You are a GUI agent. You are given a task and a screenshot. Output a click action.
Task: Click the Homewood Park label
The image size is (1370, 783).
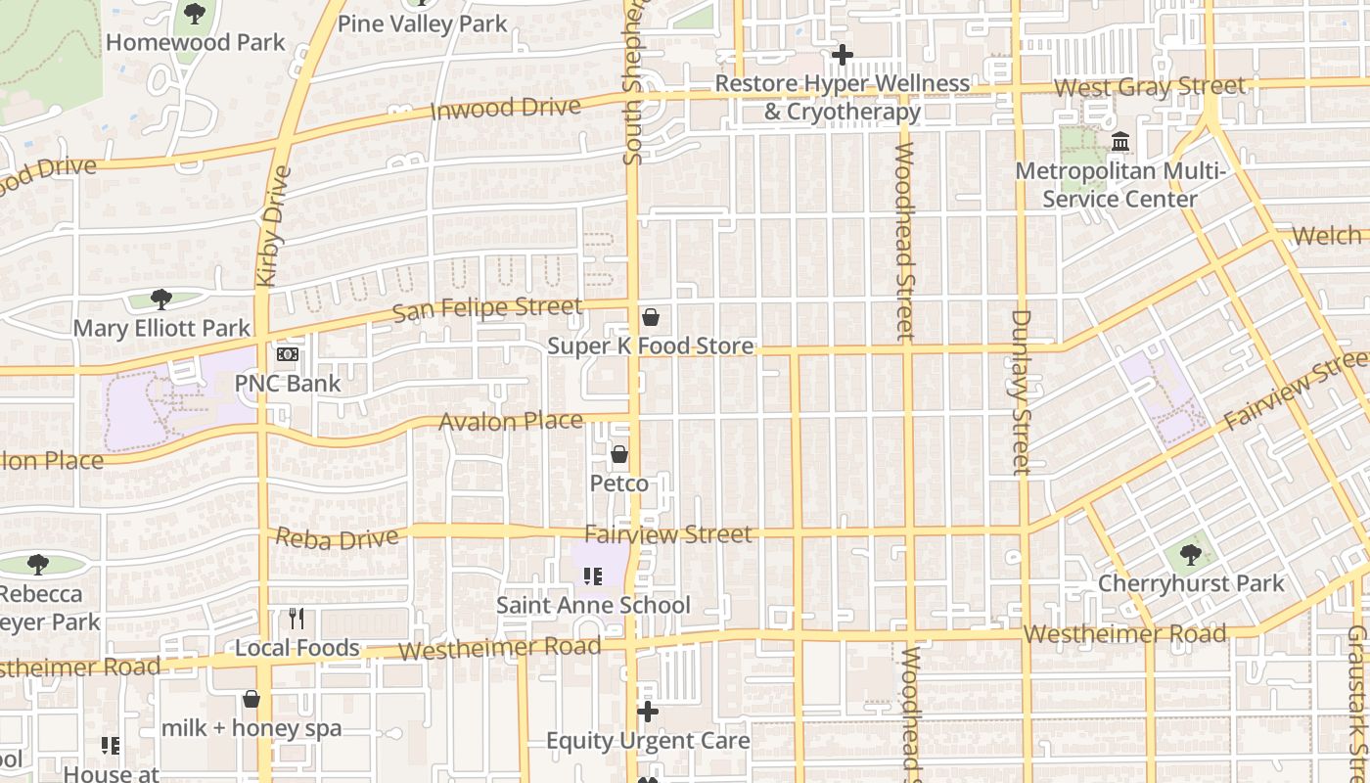coord(195,42)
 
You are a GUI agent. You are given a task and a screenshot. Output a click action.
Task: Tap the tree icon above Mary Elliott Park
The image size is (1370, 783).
coord(161,299)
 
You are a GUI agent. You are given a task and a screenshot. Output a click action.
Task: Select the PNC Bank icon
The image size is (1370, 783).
coord(288,354)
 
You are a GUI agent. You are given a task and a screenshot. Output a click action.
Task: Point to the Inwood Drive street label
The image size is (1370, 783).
coord(506,108)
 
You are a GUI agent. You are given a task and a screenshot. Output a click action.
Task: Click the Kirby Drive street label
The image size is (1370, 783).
coord(274,226)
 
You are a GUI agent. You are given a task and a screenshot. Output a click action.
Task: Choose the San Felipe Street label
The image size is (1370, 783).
coord(487,309)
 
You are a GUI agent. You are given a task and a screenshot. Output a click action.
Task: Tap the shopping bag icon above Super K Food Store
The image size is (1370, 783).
coord(650,317)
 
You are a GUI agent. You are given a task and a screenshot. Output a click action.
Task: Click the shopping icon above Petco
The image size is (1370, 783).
coord(618,454)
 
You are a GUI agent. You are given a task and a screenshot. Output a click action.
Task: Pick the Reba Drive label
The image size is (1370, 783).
coord(338,538)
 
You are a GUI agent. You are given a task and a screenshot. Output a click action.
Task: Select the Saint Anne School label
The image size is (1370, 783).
coord(593,605)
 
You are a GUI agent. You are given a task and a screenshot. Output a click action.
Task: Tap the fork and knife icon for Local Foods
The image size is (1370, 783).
coord(297,619)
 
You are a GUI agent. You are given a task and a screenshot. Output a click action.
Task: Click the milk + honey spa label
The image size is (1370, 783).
coord(251,728)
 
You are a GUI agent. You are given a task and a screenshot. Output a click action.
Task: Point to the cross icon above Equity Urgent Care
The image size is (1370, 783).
coord(647,712)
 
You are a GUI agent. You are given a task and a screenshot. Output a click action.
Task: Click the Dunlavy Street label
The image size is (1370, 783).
coord(1022,391)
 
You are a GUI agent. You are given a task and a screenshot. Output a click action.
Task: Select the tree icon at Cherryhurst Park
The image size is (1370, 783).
coord(1191,555)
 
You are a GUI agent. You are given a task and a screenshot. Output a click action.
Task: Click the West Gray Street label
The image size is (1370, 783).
coord(1150,87)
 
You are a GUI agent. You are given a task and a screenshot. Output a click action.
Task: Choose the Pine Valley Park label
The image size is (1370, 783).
coord(423,23)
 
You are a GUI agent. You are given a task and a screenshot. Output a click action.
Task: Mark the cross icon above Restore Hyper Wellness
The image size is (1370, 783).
coord(842,55)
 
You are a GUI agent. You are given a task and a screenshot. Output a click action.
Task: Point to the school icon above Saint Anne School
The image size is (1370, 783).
coord(592,576)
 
